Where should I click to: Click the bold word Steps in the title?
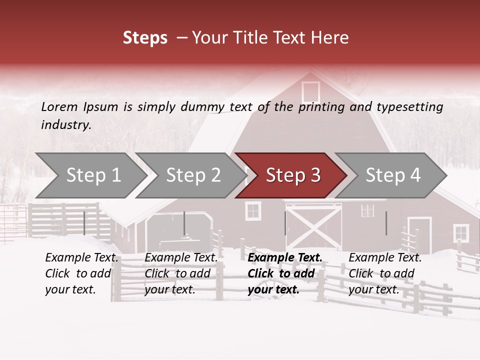[x=145, y=37]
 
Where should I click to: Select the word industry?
[x=65, y=124]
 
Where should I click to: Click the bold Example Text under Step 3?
[x=285, y=257]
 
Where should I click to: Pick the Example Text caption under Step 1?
[x=81, y=257]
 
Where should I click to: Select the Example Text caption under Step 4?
[x=385, y=257]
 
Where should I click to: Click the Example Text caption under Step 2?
[x=181, y=257]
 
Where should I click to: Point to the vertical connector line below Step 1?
[x=84, y=223]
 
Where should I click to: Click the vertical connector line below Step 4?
[x=386, y=223]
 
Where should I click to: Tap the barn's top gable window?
[x=310, y=92]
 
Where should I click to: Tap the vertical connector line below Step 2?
[x=184, y=223]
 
